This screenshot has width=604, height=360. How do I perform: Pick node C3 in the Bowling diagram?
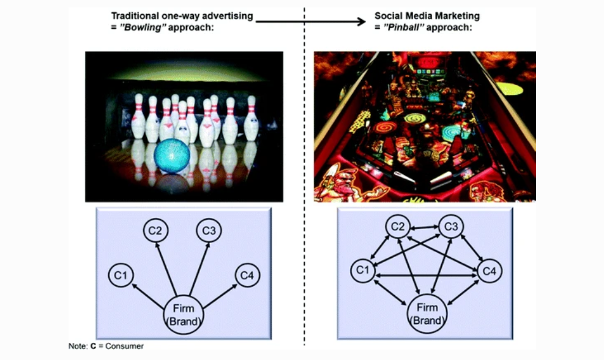tap(209, 230)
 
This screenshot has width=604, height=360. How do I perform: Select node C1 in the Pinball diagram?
tap(363, 270)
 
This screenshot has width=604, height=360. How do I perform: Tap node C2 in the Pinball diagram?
tap(397, 227)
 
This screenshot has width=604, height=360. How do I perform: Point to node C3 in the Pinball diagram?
tap(451, 227)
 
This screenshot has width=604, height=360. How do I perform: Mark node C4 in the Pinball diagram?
tap(490, 270)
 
